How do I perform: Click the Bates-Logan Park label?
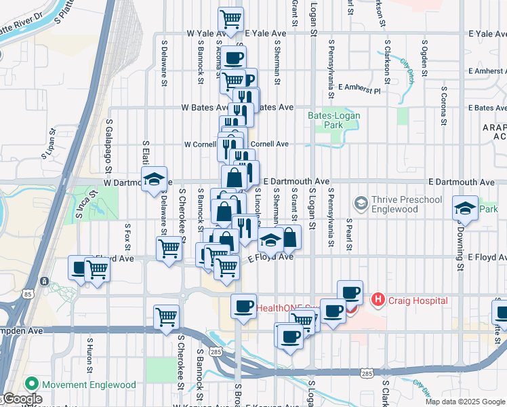pos(334,120)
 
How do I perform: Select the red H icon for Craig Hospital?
pos(378,299)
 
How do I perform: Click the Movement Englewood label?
pos(88,385)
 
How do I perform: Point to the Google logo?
pos(22,400)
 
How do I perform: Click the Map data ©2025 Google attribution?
pos(466,402)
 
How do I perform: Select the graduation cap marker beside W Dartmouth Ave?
pos(154,179)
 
